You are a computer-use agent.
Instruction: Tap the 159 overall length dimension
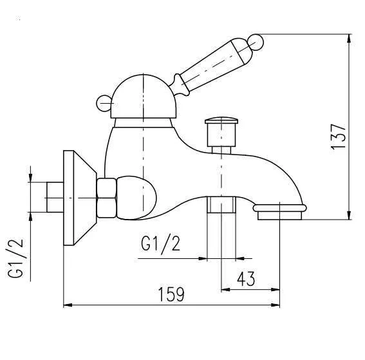click(x=171, y=294)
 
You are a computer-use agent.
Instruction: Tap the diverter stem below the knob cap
click(x=221, y=137)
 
